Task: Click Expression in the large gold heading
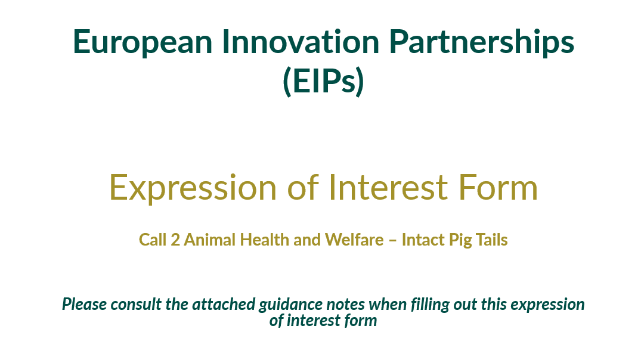click(193, 187)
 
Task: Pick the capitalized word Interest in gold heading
click(388, 187)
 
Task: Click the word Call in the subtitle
click(153, 240)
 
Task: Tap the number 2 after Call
click(175, 240)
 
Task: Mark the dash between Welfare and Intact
click(392, 241)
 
